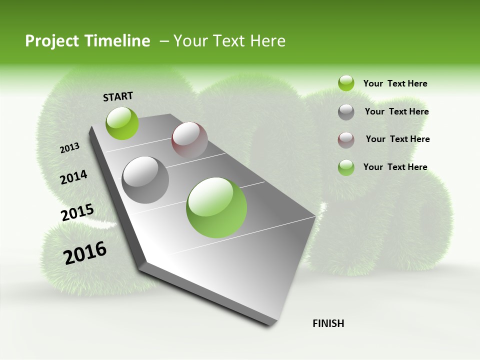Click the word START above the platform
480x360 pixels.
118,96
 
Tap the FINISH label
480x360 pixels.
328,323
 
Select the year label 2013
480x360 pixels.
69,148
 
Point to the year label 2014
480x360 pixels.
73,177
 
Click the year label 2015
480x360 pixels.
77,212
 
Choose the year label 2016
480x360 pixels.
85,253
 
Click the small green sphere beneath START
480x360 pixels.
122,123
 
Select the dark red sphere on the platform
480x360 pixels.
189,140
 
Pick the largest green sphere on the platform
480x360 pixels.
216,207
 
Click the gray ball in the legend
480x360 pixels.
346,112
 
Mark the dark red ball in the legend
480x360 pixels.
346,140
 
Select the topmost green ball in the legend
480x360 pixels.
346,83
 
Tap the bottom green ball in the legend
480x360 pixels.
346,167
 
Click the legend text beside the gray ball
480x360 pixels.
396,111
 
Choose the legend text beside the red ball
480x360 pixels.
397,139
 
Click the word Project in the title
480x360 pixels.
52,41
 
